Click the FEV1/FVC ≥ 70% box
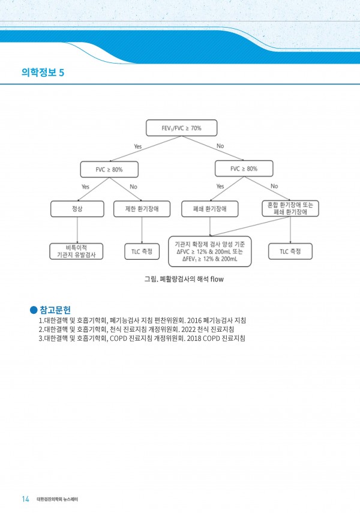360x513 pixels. [181, 128]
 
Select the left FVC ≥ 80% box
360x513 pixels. [109, 169]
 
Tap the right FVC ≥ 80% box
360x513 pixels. [244, 169]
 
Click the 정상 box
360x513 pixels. [77, 209]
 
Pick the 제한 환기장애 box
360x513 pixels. [142, 209]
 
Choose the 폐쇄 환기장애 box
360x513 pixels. [210, 209]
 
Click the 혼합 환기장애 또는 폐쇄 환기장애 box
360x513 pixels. [290, 208]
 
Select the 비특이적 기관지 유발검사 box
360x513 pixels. [76, 251]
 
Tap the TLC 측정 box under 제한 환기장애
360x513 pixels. [142, 251]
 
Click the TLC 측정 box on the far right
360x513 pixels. [290, 251]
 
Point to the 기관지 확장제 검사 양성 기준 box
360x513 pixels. [210, 251]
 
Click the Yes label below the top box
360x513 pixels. [138, 146]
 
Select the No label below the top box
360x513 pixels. [220, 146]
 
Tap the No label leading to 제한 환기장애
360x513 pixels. [133, 187]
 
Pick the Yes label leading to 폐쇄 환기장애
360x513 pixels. [220, 186]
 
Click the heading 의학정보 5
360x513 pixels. [43, 73]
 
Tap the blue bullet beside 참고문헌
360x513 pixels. [34, 310]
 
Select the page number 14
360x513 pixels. [26, 499]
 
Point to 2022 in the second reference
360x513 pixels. [188, 329]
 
